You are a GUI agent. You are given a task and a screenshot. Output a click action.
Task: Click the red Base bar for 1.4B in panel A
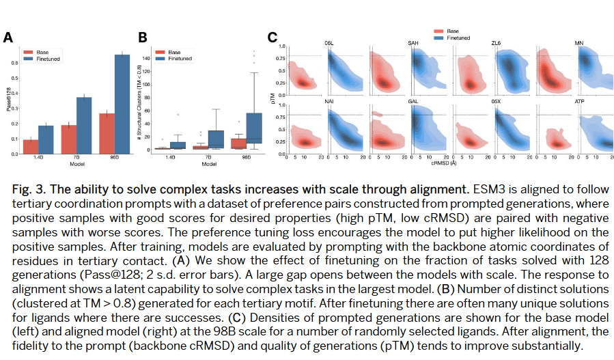pyautogui.click(x=31, y=147)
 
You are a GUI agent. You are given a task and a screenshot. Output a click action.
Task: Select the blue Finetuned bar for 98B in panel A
pyautogui.click(x=122, y=105)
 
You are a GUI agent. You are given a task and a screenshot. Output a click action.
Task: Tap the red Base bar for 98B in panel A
pyautogui.click(x=107, y=134)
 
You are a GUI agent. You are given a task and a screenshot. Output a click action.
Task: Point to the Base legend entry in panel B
pyautogui.click(x=173, y=52)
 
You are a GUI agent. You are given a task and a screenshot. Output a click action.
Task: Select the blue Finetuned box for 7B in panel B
pyautogui.click(x=215, y=139)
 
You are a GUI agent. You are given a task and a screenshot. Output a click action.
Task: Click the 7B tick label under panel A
pyautogui.click(x=76, y=159)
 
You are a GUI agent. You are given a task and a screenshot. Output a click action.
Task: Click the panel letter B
pyautogui.click(x=143, y=38)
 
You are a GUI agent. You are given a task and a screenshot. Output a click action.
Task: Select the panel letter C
pyautogui.click(x=271, y=38)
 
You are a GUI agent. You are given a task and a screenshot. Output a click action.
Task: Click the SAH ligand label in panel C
pyautogui.click(x=414, y=44)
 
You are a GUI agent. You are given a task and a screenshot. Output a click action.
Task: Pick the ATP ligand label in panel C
pyautogui.click(x=579, y=101)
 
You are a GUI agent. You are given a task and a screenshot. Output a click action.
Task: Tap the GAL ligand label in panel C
pyautogui.click(x=414, y=101)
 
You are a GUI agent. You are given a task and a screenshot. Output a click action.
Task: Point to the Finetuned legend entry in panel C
pyautogui.click(x=457, y=38)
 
